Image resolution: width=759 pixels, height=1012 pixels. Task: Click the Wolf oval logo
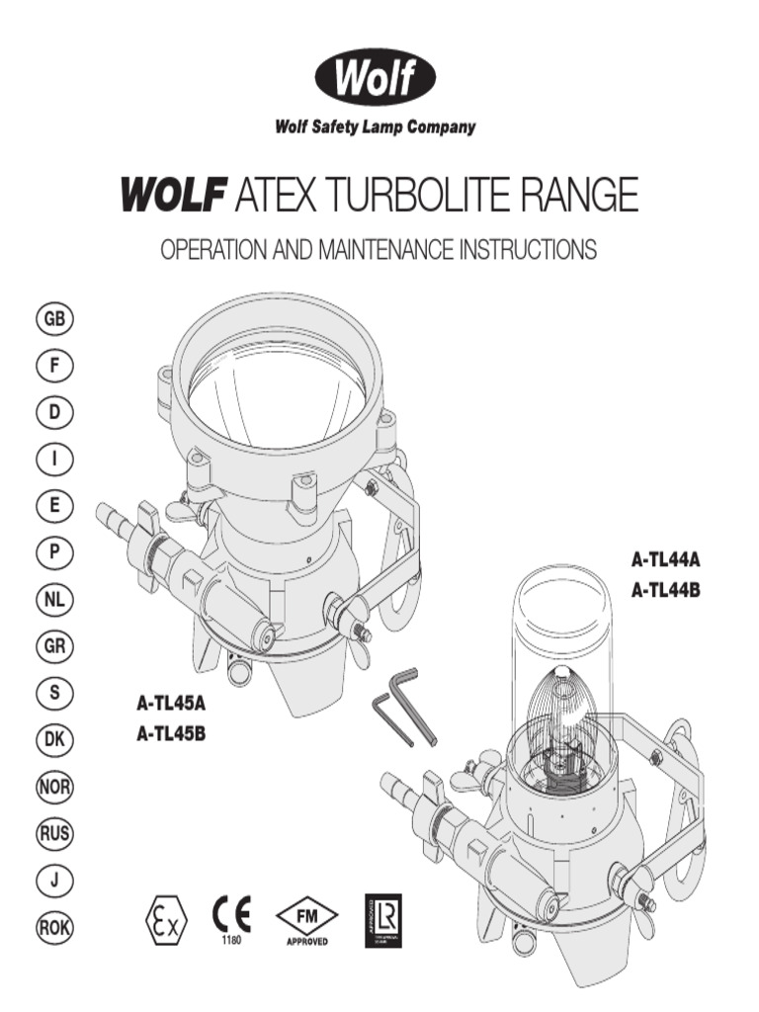click(375, 79)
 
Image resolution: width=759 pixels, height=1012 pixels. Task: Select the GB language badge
click(55, 319)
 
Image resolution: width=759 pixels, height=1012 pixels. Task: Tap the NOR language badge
click(55, 788)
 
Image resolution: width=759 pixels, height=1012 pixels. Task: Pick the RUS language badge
click(55, 834)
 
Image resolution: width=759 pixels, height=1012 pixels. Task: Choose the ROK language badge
click(55, 927)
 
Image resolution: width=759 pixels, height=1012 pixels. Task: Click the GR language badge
click(55, 646)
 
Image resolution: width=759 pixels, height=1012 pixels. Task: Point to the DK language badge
click(55, 740)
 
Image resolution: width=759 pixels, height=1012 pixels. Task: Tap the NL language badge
click(55, 600)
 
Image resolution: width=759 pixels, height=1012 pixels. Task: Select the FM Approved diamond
click(306, 916)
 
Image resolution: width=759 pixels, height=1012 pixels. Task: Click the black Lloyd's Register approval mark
click(383, 918)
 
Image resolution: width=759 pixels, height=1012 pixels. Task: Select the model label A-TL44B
click(666, 591)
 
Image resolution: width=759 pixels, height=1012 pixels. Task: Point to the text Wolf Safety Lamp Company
click(375, 126)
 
